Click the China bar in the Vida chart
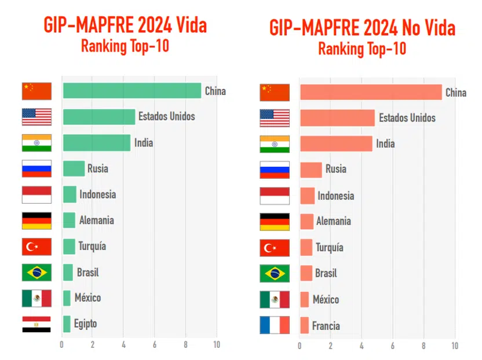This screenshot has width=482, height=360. [x=132, y=91]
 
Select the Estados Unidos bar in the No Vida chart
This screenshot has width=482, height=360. [x=337, y=118]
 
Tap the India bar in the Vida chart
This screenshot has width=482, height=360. [x=97, y=142]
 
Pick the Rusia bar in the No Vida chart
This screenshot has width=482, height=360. [x=311, y=169]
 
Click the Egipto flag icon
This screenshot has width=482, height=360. [x=36, y=324]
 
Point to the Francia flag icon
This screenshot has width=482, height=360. [x=274, y=325]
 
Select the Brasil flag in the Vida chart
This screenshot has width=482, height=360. [x=36, y=272]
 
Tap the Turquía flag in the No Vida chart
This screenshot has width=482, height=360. [x=274, y=248]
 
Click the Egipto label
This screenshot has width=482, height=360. [x=85, y=324]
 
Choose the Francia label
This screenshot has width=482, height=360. [x=326, y=326]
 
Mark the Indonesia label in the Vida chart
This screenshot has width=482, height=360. [x=97, y=194]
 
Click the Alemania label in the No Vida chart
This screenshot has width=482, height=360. [x=333, y=221]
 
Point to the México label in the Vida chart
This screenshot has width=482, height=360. [x=87, y=298]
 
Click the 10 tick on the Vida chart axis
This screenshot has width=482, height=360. [x=217, y=345]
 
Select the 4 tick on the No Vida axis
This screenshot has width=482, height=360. [x=362, y=346]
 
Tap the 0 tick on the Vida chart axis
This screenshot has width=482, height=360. [x=62, y=345]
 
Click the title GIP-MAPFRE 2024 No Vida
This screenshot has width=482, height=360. [x=362, y=28]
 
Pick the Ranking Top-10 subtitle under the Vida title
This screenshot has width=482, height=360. [x=125, y=46]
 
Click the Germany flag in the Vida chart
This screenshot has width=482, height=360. [x=36, y=221]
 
